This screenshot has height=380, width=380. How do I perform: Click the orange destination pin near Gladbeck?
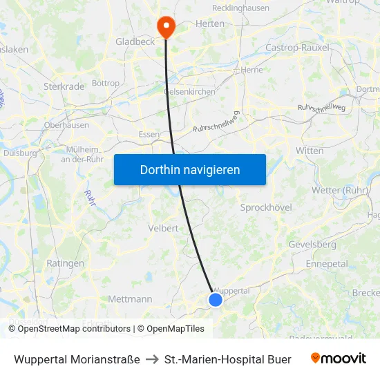[167, 26]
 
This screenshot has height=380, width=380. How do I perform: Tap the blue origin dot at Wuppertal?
[216, 299]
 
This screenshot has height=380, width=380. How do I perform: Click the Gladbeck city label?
[135, 41]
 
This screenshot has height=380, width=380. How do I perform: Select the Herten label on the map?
[210, 23]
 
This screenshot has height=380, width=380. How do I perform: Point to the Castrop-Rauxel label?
[298, 48]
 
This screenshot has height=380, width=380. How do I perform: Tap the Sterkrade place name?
[64, 86]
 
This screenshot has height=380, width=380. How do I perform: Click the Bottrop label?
[106, 83]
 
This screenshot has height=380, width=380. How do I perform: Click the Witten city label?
[309, 151]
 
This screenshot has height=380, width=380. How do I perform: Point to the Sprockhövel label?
[266, 207]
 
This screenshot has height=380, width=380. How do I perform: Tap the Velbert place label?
[163, 228]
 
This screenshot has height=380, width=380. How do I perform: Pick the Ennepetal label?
[327, 264]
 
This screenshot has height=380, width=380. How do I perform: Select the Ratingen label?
[65, 263]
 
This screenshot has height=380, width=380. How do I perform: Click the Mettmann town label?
[130, 299]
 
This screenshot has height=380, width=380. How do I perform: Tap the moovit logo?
[338, 359]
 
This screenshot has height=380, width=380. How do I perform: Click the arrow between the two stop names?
[152, 359]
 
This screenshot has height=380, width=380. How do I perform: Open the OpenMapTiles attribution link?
[171, 329]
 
